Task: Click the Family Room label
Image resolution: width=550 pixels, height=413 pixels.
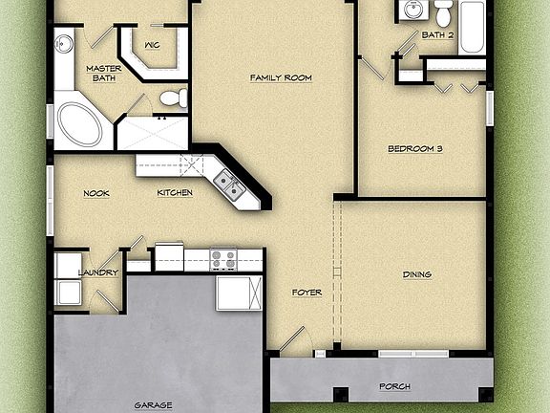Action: (281, 77)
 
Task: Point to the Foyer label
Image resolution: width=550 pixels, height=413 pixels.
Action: (307, 292)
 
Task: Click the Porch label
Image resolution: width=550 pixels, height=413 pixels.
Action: (394, 386)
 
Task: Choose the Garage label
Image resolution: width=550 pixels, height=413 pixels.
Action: (153, 404)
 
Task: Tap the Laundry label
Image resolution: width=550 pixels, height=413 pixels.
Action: (98, 272)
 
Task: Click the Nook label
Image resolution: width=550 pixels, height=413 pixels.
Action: (95, 193)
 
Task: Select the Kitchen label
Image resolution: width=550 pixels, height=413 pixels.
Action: (175, 193)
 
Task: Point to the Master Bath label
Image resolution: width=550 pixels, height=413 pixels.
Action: (102, 74)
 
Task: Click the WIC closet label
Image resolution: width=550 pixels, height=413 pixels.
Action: (151, 45)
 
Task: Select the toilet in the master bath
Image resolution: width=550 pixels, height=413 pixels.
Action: (173, 98)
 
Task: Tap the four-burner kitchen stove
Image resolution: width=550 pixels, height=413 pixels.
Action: (222, 257)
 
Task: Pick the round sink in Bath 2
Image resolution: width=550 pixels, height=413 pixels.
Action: (413, 11)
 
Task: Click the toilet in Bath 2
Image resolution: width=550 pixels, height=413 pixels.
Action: (443, 12)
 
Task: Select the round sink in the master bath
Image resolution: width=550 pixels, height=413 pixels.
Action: (64, 43)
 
